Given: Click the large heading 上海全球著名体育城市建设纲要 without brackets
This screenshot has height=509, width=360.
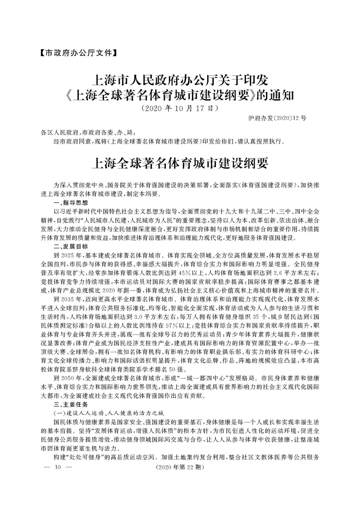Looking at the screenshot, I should click(180, 164).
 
